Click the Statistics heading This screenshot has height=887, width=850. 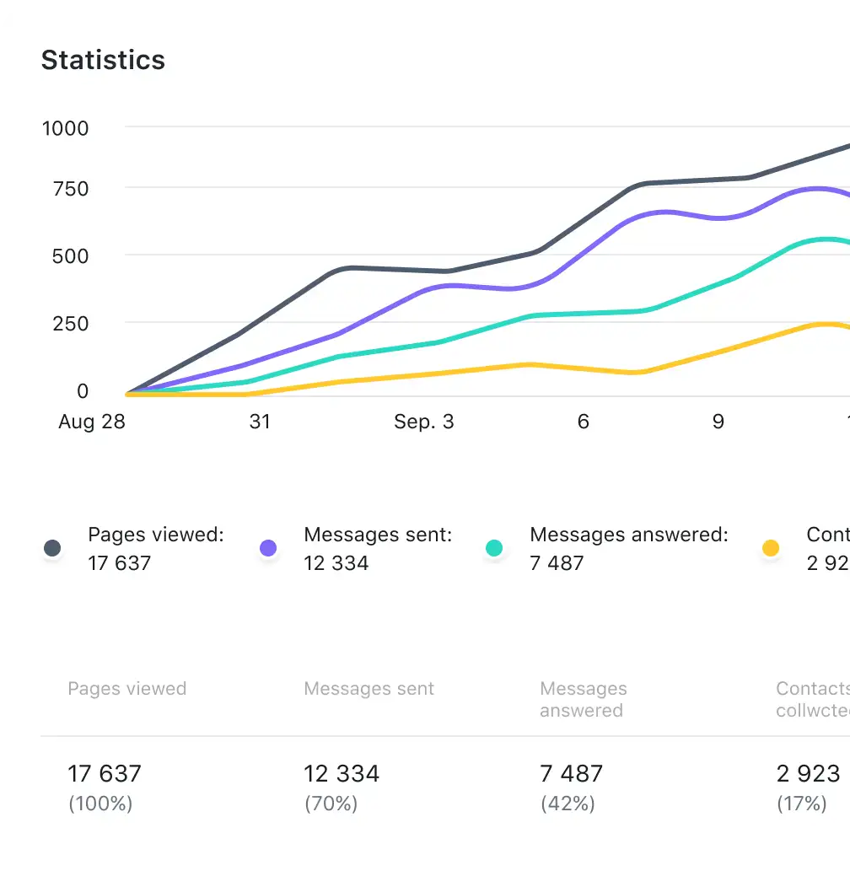[103, 61]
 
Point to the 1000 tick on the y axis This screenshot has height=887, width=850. [65, 128]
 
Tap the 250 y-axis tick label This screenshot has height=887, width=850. [70, 324]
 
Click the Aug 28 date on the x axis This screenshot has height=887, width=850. [91, 422]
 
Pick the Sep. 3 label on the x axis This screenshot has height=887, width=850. [423, 422]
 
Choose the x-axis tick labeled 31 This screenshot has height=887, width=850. [260, 422]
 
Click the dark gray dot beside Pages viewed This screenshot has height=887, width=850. [52, 549]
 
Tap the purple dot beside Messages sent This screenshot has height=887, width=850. [268, 549]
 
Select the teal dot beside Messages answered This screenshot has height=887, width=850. [494, 549]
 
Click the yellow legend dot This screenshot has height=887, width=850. [771, 549]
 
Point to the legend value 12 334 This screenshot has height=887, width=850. [336, 563]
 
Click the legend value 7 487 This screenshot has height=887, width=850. [557, 563]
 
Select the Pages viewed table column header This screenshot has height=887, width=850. [127, 689]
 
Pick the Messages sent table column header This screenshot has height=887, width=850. [369, 689]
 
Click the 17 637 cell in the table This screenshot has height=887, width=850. [105, 773]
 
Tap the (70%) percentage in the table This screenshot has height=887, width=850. [331, 804]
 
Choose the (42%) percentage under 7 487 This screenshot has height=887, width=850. [568, 804]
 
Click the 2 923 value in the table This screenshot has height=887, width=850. [808, 773]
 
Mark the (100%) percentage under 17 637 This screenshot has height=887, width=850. [100, 804]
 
